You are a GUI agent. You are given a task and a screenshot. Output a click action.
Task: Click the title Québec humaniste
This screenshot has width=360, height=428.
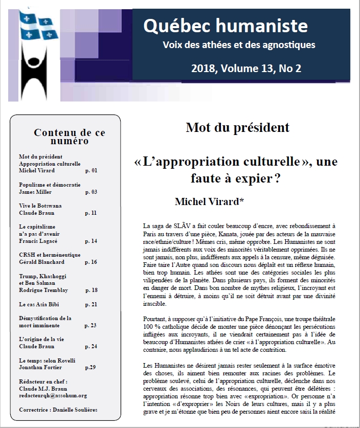(225, 26)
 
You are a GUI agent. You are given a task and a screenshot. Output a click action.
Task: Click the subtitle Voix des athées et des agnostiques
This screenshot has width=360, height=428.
(238, 45)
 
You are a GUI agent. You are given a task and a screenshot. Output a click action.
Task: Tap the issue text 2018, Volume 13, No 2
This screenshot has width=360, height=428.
(246, 69)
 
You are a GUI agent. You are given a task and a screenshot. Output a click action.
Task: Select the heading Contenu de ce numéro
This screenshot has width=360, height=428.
(70, 137)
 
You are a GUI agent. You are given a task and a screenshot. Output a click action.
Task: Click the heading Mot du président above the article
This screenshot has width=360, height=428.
(237, 127)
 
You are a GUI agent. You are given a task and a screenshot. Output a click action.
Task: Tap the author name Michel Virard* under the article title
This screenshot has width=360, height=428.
(209, 201)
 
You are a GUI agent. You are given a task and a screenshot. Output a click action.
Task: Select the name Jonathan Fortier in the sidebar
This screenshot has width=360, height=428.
(41, 367)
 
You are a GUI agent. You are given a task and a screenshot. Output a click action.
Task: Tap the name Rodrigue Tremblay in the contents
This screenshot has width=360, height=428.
(43, 290)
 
